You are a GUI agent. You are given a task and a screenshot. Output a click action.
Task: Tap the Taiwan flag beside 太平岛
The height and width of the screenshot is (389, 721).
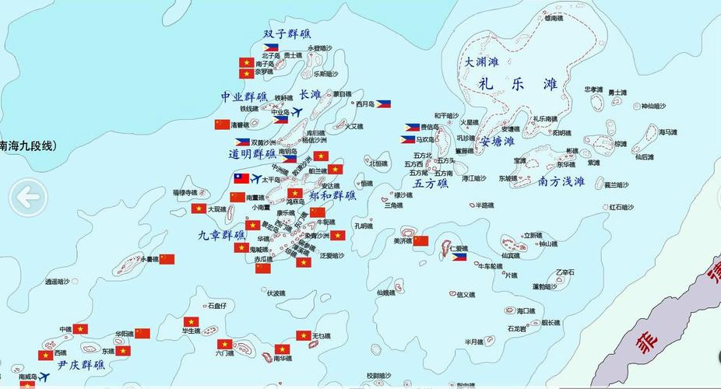pyautogui.click(x=241, y=178)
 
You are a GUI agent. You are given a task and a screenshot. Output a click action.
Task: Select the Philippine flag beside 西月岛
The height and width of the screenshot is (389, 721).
pyautogui.click(x=383, y=103)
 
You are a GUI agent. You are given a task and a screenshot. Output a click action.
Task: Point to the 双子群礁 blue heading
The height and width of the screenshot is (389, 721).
pyautogui.click(x=287, y=34)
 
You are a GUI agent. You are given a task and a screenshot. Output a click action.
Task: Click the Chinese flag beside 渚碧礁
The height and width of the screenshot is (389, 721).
pyautogui.click(x=223, y=124)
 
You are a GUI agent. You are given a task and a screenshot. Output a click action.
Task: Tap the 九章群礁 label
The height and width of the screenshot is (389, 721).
pyautogui.click(x=221, y=233)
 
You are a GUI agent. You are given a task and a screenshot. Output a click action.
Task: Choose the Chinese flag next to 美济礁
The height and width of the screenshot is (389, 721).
pyautogui.click(x=420, y=240)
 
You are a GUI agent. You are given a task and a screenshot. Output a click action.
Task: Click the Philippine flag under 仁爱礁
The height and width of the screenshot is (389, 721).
pyautogui.click(x=459, y=257)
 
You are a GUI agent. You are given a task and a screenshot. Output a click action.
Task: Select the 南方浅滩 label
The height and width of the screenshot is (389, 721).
pyautogui.click(x=561, y=181)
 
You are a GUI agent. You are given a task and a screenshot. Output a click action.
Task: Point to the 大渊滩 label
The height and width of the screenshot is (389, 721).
pyautogui.click(x=482, y=61)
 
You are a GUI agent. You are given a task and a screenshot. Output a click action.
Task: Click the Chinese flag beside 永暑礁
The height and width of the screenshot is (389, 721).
pyautogui.click(x=167, y=259)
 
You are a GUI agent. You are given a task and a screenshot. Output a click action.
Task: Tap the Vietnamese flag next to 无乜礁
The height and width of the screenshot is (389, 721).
pyautogui.click(x=303, y=335)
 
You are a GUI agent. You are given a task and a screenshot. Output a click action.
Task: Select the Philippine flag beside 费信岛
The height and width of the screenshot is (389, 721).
pyautogui.click(x=412, y=127)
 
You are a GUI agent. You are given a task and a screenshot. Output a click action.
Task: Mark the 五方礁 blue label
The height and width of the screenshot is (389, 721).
pyautogui.click(x=431, y=184)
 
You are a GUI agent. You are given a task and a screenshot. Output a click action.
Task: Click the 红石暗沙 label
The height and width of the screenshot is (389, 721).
pyautogui.click(x=621, y=207)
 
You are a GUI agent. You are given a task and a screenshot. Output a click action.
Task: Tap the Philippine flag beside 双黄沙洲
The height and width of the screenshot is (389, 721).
pyautogui.click(x=242, y=142)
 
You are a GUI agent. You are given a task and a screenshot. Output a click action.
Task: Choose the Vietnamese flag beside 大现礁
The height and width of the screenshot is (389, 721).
pyautogui.click(x=199, y=209)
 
